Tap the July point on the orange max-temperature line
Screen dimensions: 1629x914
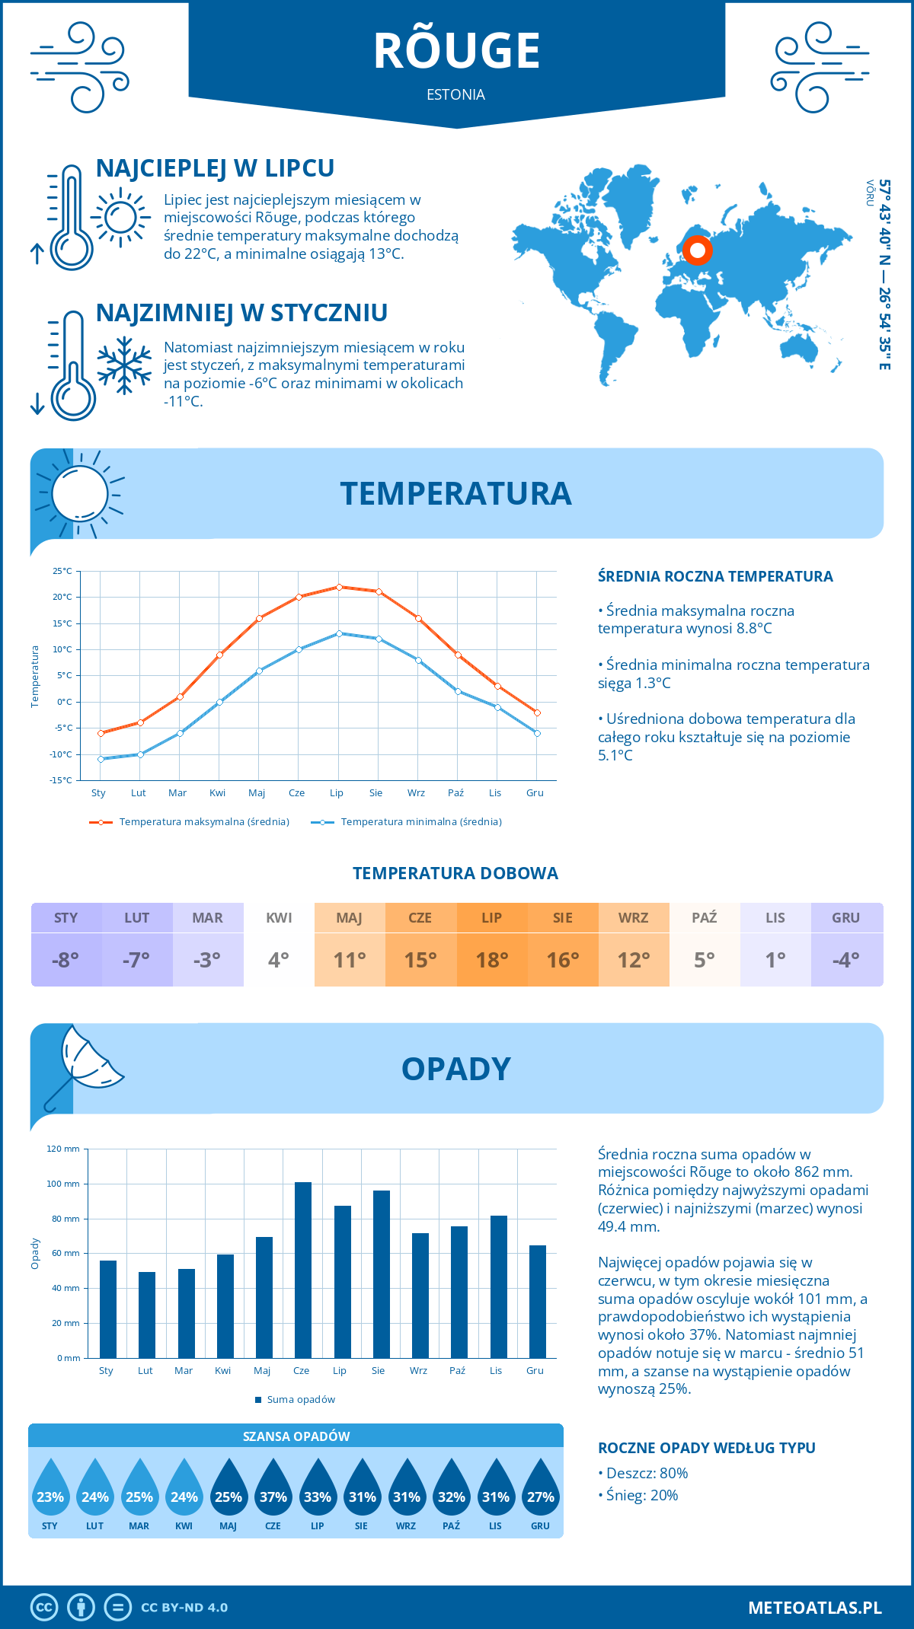339,587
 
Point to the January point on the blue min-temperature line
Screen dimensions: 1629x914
101,759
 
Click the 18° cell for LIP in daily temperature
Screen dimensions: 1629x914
492,959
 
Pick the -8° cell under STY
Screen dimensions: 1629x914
66,959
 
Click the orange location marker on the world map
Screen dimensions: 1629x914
697,250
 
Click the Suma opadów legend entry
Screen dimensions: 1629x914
300,1400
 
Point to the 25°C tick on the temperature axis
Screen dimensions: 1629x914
62,571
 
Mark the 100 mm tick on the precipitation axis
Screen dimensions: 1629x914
63,1184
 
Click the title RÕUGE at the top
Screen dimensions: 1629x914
456,51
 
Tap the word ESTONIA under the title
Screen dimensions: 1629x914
455,94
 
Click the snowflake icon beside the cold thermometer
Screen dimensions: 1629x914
124,365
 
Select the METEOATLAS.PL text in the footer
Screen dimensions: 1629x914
814,1608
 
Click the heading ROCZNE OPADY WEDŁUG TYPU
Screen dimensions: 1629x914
706,1448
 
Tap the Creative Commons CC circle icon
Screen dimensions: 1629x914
44,1608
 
